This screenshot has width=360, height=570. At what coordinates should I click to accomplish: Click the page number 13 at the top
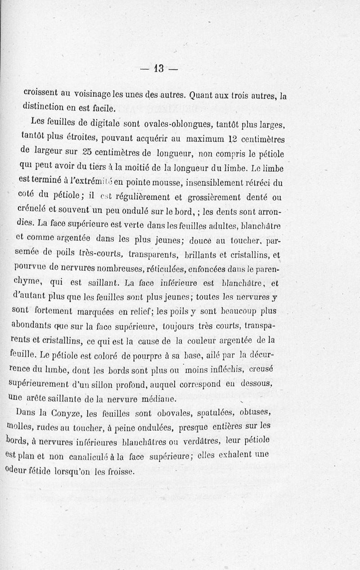tap(160, 69)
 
